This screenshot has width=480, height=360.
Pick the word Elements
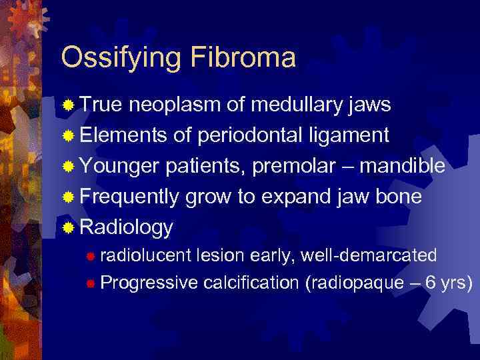coord(123,136)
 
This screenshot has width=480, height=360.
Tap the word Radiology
coord(126,228)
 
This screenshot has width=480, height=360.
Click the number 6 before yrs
coord(431,283)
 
